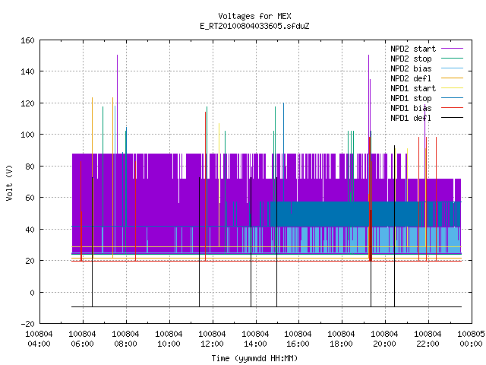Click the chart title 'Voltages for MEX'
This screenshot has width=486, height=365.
[x=254, y=16]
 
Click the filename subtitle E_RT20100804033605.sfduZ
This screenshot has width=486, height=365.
[x=254, y=26]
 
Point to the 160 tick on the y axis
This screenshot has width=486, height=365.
[x=27, y=40]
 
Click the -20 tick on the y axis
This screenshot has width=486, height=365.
[x=27, y=324]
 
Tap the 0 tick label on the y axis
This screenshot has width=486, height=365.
[x=32, y=292]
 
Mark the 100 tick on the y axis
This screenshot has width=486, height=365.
[x=27, y=135]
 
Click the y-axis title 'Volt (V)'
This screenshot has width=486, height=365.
[x=9, y=182]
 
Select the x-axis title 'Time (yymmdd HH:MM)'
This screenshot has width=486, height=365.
[x=254, y=358]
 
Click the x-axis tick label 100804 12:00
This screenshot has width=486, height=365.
[x=212, y=339]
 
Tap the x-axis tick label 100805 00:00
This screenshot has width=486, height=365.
[x=471, y=339]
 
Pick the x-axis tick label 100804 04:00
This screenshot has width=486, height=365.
[x=39, y=339]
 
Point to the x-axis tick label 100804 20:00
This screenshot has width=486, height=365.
[x=385, y=339]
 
